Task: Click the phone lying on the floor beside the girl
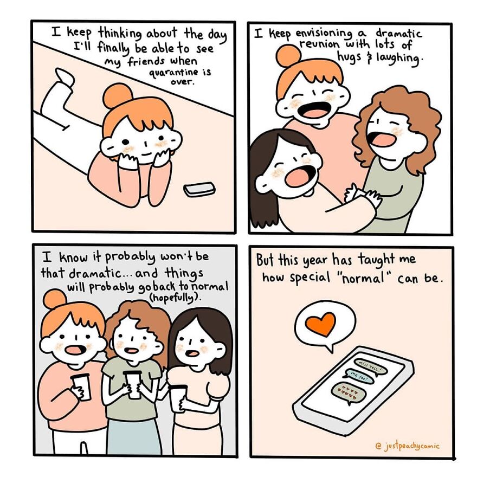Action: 199,189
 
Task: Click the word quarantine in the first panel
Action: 166,73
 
